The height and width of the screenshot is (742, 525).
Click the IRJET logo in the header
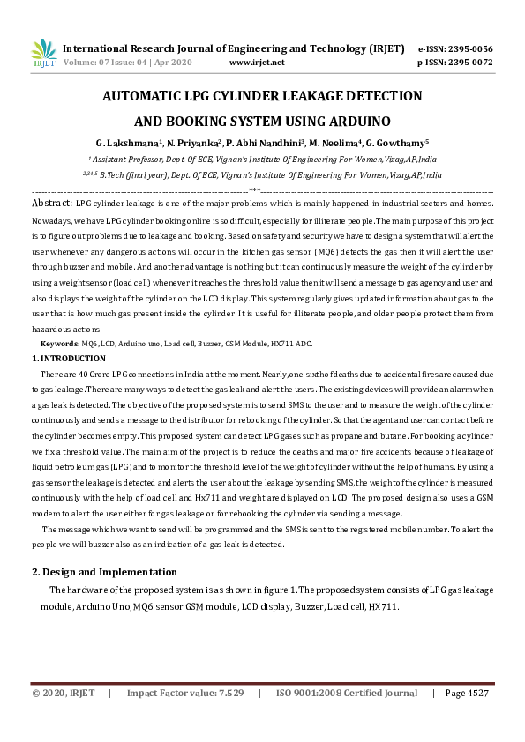43,55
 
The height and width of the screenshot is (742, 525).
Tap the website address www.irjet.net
256,63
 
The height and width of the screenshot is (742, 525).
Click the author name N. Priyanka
193,142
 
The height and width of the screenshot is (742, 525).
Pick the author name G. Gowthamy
397,142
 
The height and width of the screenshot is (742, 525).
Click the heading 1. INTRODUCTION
69,358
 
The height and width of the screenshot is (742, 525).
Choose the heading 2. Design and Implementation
104,573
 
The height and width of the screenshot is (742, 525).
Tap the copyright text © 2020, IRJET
63,694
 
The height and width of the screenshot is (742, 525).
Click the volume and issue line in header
127,63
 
